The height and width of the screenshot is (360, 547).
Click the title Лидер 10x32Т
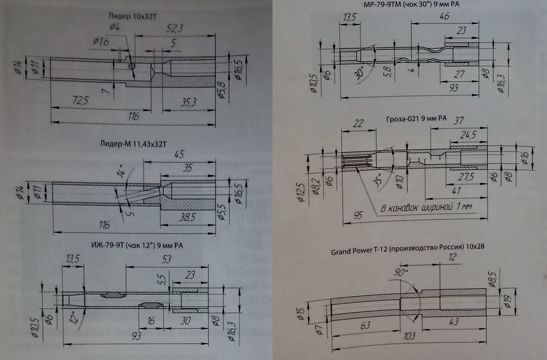pos(128,16)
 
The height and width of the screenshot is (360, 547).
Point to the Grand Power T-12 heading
pos(408,246)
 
